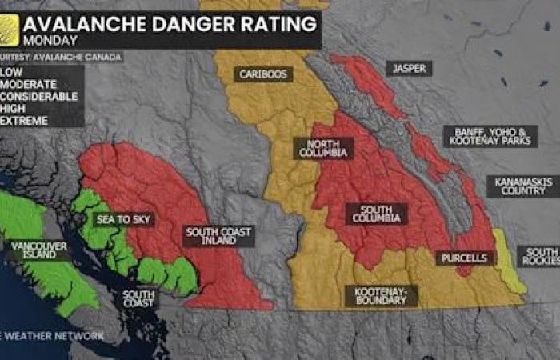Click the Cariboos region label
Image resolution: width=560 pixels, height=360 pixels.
[265, 74]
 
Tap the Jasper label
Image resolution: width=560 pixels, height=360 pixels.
[409, 69]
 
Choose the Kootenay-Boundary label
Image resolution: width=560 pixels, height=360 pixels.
[381, 297]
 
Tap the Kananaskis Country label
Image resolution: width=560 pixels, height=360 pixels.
[523, 187]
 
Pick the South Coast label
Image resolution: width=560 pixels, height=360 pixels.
[139, 299]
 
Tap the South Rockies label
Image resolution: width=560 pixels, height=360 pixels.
[539, 256]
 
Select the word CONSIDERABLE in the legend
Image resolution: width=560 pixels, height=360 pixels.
[39, 97]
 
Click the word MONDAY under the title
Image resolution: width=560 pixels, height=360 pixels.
[50, 39]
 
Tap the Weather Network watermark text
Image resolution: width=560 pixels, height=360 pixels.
[53, 336]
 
